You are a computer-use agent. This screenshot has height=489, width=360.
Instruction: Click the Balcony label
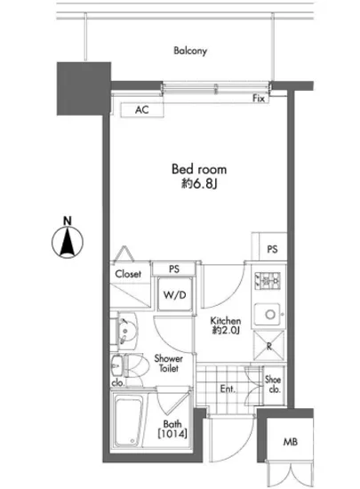pyautogui.click(x=190, y=51)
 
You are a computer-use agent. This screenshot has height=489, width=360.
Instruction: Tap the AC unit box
pyautogui.click(x=142, y=110)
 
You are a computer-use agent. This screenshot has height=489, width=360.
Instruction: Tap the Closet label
pyautogui.click(x=130, y=275)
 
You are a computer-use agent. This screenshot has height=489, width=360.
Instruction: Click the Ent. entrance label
pyautogui.click(x=227, y=389)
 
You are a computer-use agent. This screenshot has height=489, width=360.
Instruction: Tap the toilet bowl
pyautogui.click(x=131, y=368)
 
